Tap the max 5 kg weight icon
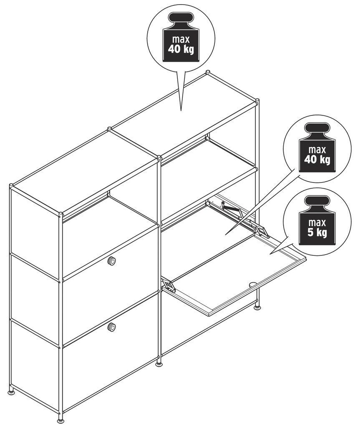tap(317, 220)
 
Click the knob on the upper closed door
tap(111, 261)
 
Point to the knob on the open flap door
tap(252, 284)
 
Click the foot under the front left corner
tap(60, 421)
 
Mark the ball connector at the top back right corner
tap(208, 72)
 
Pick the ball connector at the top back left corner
tap(11, 186)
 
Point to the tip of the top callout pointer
tap(181, 111)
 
